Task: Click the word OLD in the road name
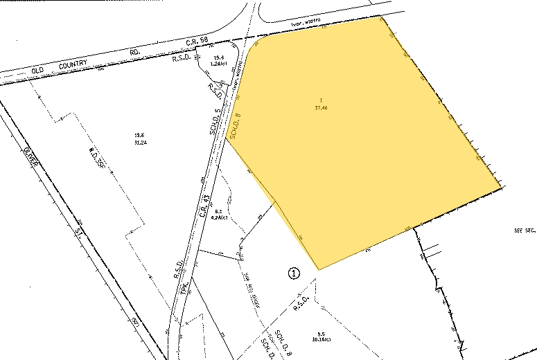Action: coord(43,70)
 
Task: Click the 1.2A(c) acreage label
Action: coord(220,63)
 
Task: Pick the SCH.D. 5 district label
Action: coord(215,122)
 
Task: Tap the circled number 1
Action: coord(294,273)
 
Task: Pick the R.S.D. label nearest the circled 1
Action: coord(299,298)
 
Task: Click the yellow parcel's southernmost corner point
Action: coord(318,269)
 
